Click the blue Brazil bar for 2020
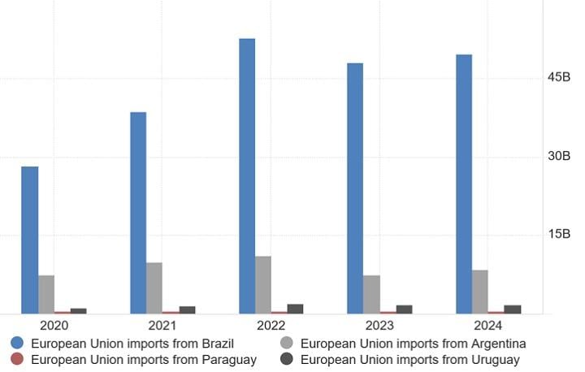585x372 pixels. coord(30,240)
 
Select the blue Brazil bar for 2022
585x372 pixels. coord(247,175)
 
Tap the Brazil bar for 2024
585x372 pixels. coord(464,184)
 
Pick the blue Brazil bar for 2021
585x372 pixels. coord(138,212)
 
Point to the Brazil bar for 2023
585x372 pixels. coord(355,188)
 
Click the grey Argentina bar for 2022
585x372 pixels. coord(263,284)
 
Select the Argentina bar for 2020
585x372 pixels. coord(46,294)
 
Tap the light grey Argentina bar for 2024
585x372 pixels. coord(480,291)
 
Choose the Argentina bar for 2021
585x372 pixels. coord(154,288)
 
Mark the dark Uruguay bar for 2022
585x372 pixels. coord(295,309)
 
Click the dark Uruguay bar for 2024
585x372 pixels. coord(513,309)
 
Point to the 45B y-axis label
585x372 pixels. coord(558,77)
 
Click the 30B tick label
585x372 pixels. coord(558,156)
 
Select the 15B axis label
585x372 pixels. coord(558,234)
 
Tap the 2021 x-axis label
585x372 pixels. coord(162,326)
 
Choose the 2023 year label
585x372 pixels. coord(379,326)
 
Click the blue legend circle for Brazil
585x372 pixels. coord(17,344)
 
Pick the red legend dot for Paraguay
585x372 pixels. coord(17,359)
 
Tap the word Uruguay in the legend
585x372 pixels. coord(493,359)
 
